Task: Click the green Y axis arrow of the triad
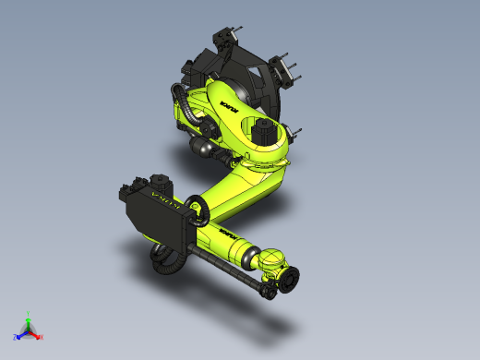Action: pos(29,318)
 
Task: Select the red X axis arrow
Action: pos(39,336)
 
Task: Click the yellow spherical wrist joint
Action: pos(273,262)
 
